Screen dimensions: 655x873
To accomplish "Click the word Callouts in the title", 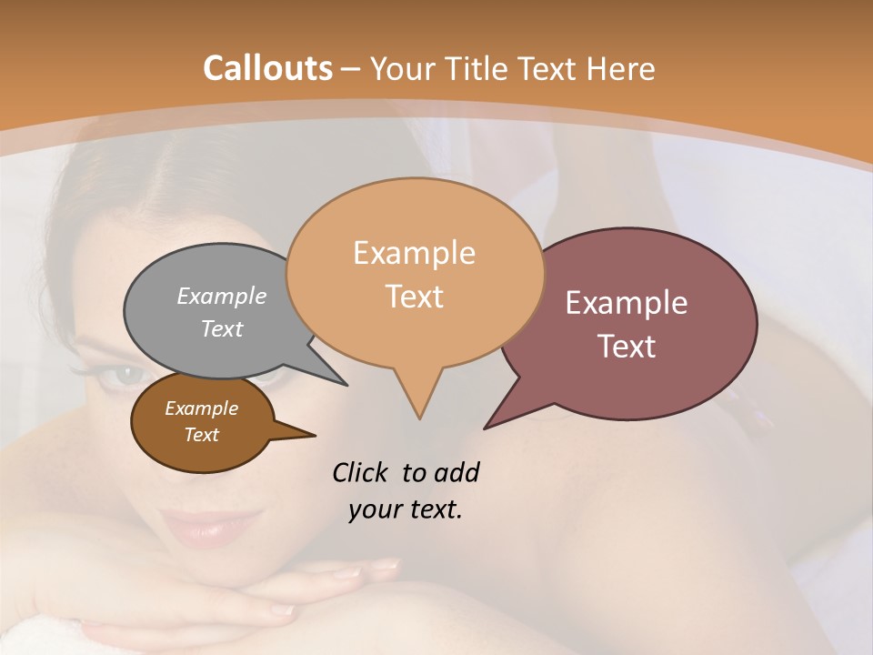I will [267, 68].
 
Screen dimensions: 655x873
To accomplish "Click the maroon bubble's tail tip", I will [486, 428].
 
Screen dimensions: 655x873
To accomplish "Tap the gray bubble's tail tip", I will [346, 385].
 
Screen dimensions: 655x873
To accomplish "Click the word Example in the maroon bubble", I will [626, 303].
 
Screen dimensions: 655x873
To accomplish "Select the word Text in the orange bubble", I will [415, 297].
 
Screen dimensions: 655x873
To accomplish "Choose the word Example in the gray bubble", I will [222, 297].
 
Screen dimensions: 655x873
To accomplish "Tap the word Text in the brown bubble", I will [202, 435].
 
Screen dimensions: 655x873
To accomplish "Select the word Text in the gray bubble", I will [222, 328].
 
